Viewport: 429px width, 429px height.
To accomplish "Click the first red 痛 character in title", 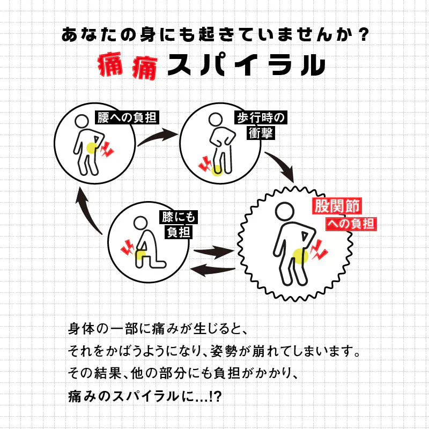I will tap(112, 66).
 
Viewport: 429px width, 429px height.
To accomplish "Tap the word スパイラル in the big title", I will tap(246, 65).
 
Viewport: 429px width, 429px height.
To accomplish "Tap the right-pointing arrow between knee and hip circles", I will tap(213, 251).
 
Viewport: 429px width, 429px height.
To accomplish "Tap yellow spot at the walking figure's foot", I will tap(217, 171).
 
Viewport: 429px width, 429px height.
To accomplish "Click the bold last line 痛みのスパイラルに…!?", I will tap(145, 397).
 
